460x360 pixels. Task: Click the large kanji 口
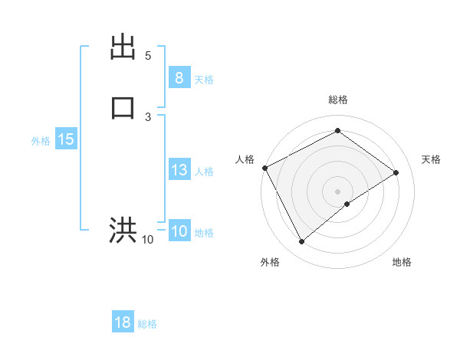tap(123, 107)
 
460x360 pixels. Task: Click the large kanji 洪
tap(123, 230)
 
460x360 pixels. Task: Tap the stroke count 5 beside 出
tap(148, 56)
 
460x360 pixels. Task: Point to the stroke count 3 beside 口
tap(148, 116)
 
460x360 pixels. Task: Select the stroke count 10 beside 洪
tap(148, 240)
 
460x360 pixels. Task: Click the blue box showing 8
tap(179, 78)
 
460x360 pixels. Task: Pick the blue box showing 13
tap(179, 170)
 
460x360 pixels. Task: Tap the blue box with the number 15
tap(65, 139)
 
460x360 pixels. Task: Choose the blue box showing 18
tap(123, 322)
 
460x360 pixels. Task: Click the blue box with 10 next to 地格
tap(179, 231)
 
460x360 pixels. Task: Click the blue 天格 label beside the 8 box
tap(204, 80)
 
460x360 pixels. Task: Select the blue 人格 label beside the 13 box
tap(204, 172)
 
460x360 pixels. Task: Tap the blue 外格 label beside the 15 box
tap(41, 141)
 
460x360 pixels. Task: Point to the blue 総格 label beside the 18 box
tap(147, 324)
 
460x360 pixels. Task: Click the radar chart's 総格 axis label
tap(337, 100)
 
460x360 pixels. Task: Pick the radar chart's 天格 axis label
tap(431, 159)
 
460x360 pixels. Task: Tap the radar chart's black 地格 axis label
tap(402, 262)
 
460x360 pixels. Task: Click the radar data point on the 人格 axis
tap(264, 168)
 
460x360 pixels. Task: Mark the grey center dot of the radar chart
tap(337, 191)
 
